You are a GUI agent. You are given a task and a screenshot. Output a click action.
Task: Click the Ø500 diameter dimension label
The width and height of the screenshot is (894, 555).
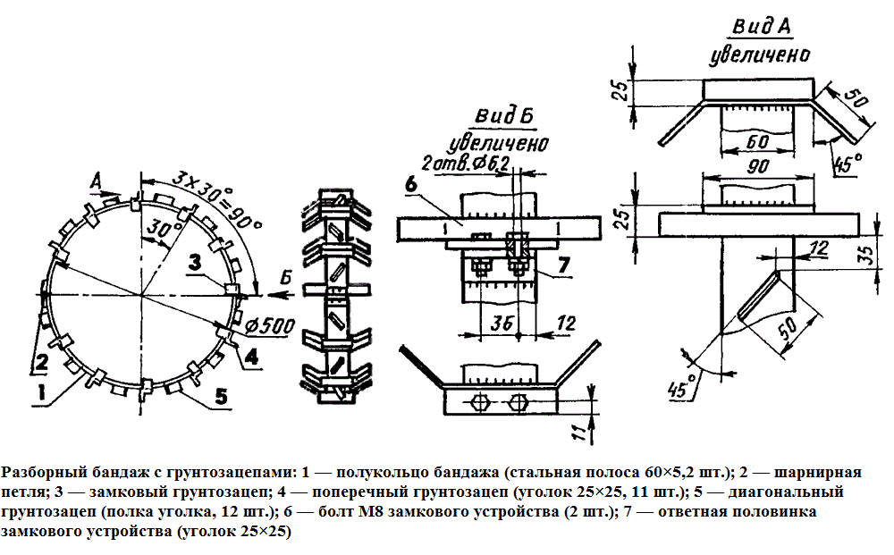point(269,324)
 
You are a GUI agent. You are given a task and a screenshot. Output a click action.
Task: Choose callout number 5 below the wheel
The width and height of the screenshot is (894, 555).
point(221,394)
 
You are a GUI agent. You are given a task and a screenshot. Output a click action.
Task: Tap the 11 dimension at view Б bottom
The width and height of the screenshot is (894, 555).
point(579,433)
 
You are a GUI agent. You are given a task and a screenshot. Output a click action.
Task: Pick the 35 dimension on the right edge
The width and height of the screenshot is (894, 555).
point(866,256)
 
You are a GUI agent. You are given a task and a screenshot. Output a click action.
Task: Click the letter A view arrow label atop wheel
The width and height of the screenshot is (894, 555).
point(97,181)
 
